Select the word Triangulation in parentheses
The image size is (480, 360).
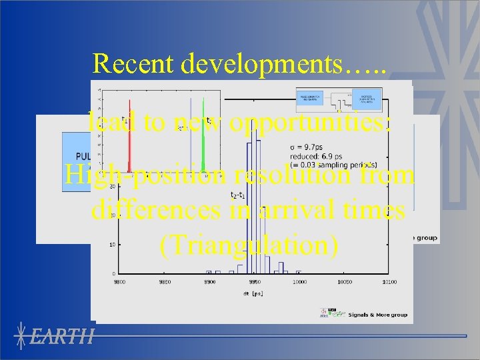[x=249, y=245]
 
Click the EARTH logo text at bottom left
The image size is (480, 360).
[x=64, y=336]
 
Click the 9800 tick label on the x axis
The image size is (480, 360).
[x=120, y=282]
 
